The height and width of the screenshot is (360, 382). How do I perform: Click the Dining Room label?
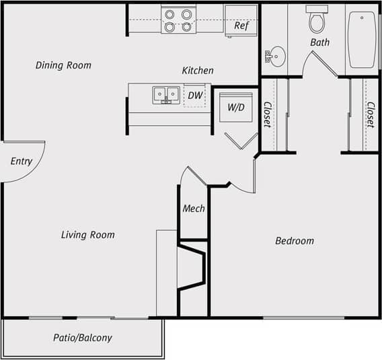63,65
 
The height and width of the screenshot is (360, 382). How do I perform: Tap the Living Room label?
87,235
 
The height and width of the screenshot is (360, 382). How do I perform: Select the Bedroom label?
295,241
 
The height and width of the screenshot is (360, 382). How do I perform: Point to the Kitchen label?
198,71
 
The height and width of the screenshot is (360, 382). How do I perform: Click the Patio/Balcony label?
83,338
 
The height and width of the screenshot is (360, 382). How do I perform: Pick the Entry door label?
22,161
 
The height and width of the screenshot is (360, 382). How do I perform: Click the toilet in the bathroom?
317,20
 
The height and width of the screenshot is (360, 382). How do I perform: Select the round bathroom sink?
276,56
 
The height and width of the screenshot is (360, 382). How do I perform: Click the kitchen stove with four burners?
178,20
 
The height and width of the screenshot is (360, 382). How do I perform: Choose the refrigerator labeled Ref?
241,22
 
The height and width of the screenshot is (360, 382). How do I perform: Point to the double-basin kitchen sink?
166,94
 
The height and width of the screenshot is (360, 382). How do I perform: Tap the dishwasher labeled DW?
195,96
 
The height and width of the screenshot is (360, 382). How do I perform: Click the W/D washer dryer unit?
235,107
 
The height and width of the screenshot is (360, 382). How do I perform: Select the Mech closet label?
194,209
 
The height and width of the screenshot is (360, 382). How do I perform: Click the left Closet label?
267,114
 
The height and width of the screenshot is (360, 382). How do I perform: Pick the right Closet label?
370,114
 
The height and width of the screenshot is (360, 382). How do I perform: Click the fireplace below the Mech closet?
192,267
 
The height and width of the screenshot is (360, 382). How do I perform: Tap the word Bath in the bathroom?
319,42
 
